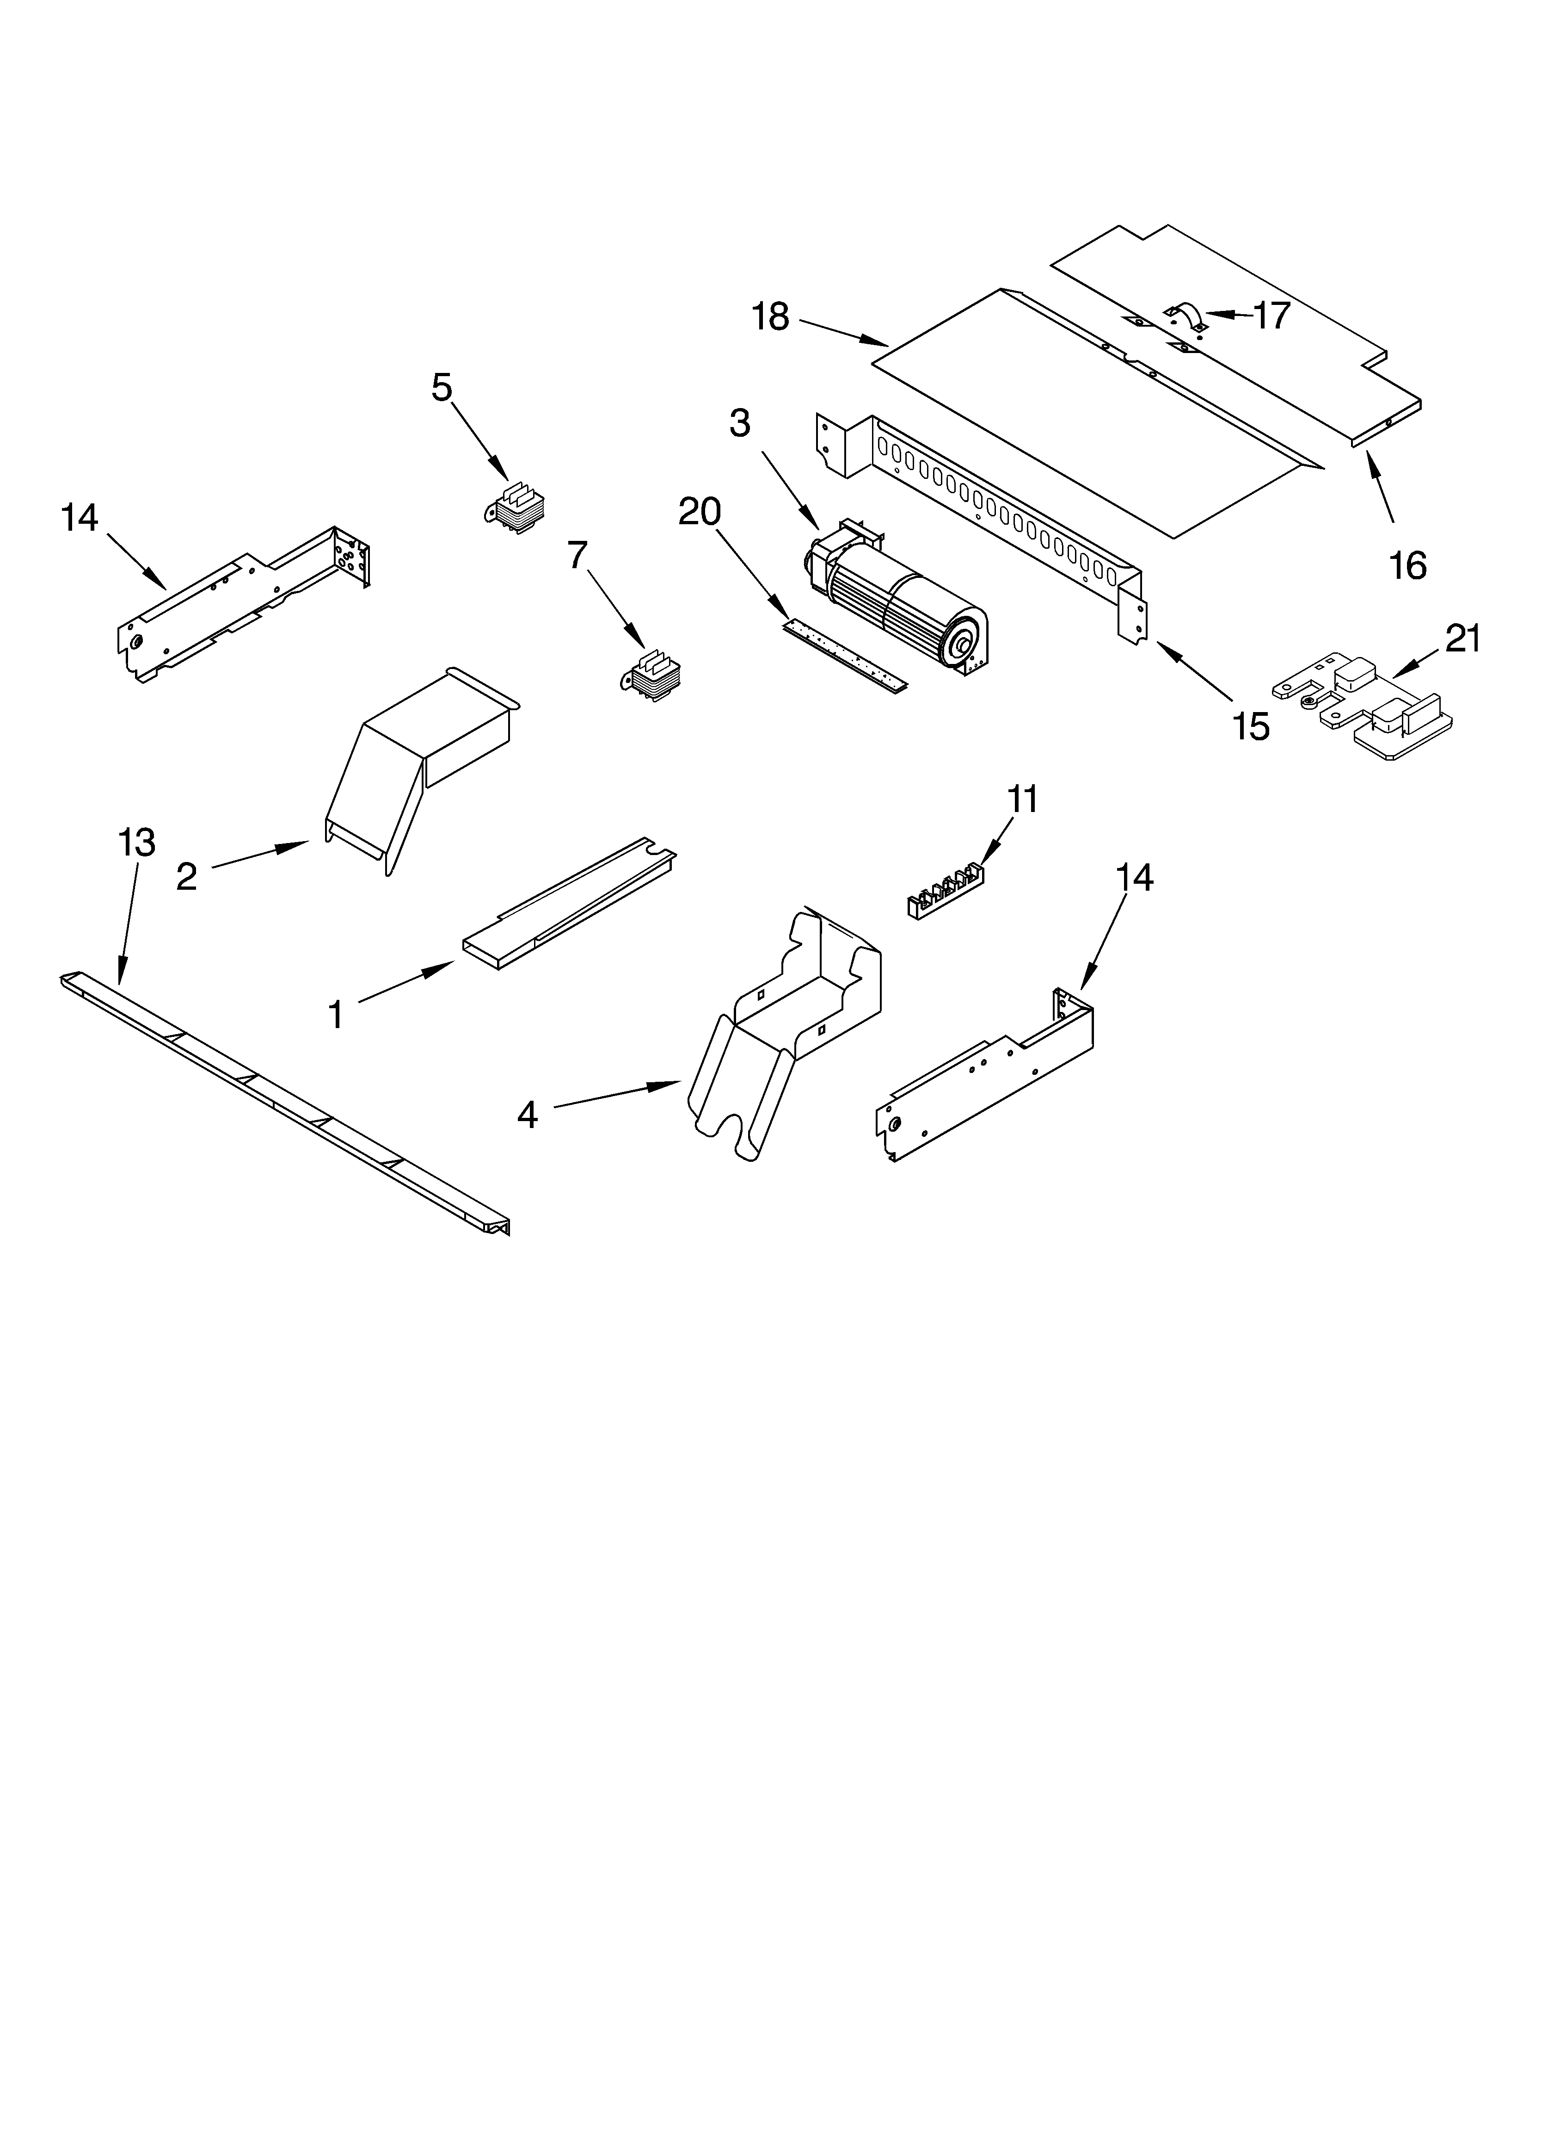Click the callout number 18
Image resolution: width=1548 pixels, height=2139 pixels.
click(x=770, y=317)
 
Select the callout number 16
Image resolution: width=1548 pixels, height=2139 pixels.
click(x=1407, y=565)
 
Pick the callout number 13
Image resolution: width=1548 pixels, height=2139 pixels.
click(x=137, y=842)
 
